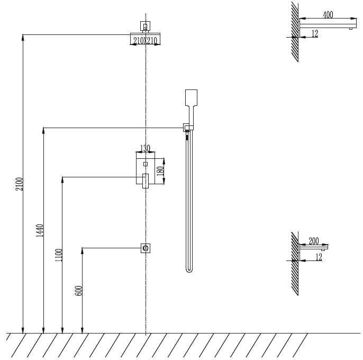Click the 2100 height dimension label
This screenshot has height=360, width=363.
(20, 184)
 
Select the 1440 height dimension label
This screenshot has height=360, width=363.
(40, 231)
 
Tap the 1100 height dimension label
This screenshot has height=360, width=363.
(59, 255)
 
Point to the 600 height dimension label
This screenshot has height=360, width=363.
(79, 290)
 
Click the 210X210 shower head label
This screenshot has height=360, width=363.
(145, 40)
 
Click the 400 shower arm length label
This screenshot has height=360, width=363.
(328, 15)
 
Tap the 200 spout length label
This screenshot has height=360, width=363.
(314, 241)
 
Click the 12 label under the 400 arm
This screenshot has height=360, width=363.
(315, 34)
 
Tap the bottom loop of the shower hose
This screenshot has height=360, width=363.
(189, 268)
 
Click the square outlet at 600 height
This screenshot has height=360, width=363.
(146, 247)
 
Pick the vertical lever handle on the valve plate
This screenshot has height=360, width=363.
(145, 180)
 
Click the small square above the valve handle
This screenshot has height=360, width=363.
(146, 164)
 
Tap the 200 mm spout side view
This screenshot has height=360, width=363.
(314, 247)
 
